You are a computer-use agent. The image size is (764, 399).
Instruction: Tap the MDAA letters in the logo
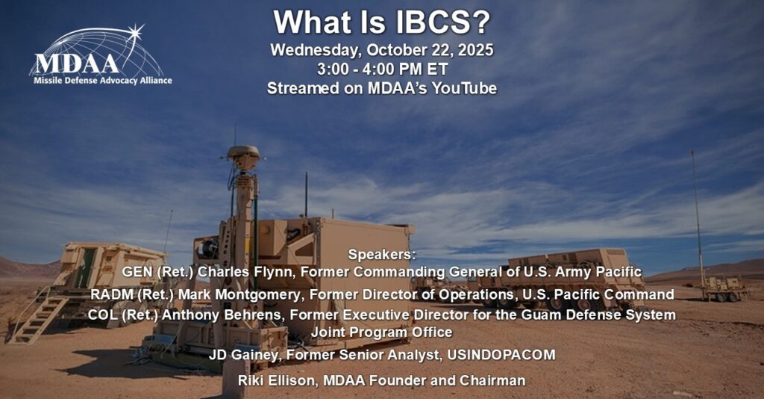coord(77,64)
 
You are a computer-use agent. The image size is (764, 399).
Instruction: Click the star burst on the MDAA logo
coord(135,33)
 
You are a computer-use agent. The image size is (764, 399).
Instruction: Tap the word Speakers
coord(382,254)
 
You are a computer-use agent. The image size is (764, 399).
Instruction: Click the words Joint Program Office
coord(382,332)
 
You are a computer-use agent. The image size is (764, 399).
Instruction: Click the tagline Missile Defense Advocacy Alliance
coord(103,81)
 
